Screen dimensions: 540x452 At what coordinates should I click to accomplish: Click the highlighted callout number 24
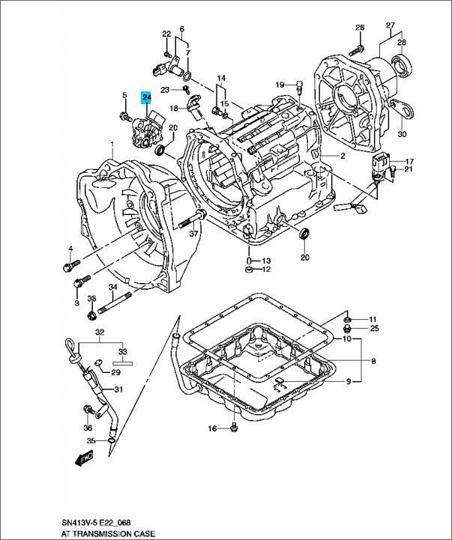(x=147, y=97)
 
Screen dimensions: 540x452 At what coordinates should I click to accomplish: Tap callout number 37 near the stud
(x=193, y=234)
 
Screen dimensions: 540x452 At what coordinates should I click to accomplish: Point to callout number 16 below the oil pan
(x=212, y=428)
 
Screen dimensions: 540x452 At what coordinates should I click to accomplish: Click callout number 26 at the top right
(x=359, y=28)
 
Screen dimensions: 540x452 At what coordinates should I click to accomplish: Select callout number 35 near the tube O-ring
(x=91, y=440)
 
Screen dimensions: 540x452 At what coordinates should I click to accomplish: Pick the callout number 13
(x=265, y=260)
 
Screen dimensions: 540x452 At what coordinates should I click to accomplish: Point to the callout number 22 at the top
(x=166, y=34)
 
